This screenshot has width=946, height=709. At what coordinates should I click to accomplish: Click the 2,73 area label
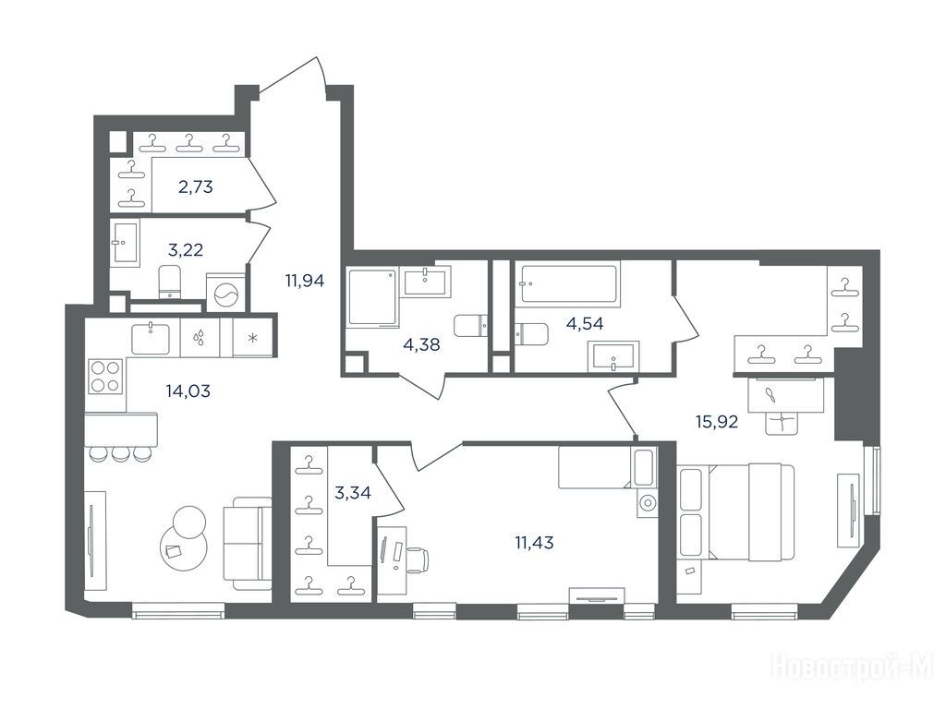point(196,186)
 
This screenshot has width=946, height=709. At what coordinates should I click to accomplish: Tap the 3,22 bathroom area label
point(185,249)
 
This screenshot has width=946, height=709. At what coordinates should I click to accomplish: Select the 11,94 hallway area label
point(305,280)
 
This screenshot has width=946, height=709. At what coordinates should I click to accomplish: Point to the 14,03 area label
point(188,391)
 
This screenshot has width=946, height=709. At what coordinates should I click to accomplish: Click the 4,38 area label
point(421,345)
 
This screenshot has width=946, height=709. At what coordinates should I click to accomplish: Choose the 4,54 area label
point(585,324)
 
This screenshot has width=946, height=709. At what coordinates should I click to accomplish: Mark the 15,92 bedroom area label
point(717,421)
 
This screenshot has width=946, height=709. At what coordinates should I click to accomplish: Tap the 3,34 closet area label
point(353,493)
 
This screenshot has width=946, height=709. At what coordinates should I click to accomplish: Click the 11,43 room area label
point(534,543)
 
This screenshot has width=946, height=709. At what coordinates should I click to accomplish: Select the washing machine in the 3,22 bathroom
point(225,294)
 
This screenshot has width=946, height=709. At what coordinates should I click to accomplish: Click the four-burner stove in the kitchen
point(106,377)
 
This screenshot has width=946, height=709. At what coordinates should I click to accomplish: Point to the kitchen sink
point(150,338)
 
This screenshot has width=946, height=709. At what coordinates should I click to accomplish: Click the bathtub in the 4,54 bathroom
point(569,284)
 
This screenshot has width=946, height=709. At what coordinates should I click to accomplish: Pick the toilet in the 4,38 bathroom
point(471,326)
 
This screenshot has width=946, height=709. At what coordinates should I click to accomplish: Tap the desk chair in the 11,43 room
point(418,559)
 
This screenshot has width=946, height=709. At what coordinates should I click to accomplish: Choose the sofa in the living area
point(248,543)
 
